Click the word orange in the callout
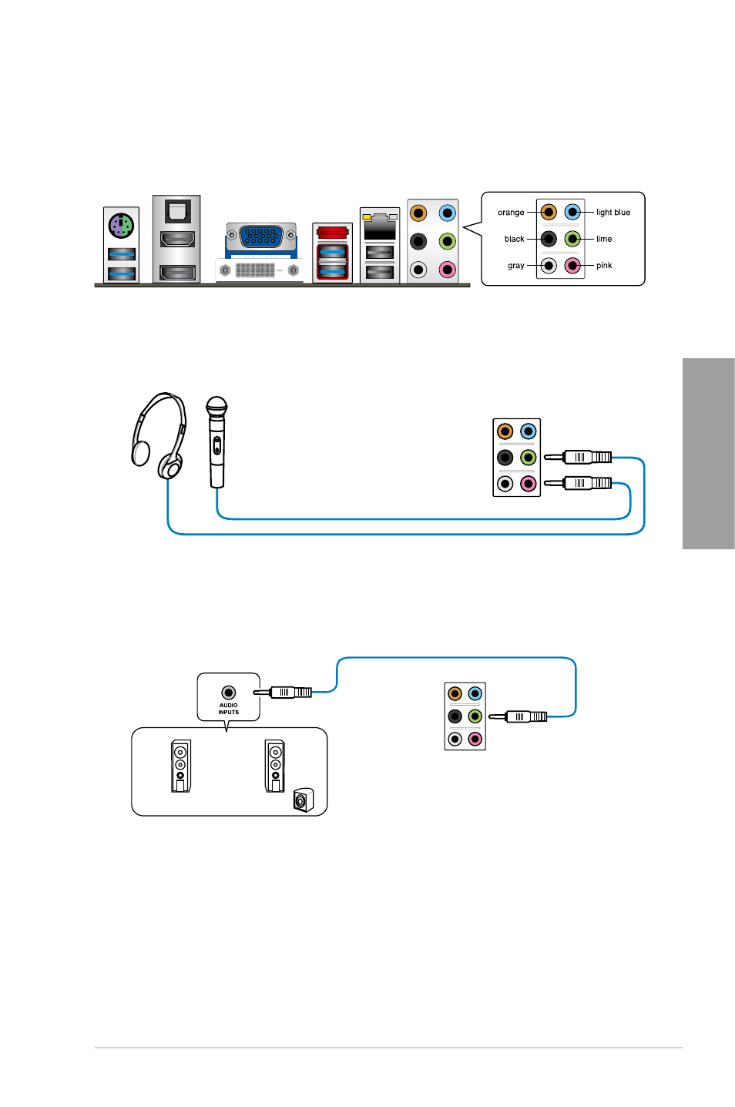coord(511,212)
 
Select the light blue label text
coord(613,212)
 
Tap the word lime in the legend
coord(604,239)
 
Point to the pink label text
coord(604,265)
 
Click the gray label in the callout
coord(516,266)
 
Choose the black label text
coord(514,239)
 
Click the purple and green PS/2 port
coord(121,226)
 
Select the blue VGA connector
coord(261,236)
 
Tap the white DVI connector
coord(259,270)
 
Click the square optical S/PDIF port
coord(177,210)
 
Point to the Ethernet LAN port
coord(380,227)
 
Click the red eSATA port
coord(333,233)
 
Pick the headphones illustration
coord(159,436)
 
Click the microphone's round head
coord(216,408)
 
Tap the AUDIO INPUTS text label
coord(228,709)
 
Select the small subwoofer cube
coord(304,800)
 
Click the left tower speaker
coord(181,766)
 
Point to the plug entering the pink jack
coord(578,483)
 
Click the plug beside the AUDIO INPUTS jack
coord(282,693)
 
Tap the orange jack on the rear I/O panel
coord(418,213)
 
